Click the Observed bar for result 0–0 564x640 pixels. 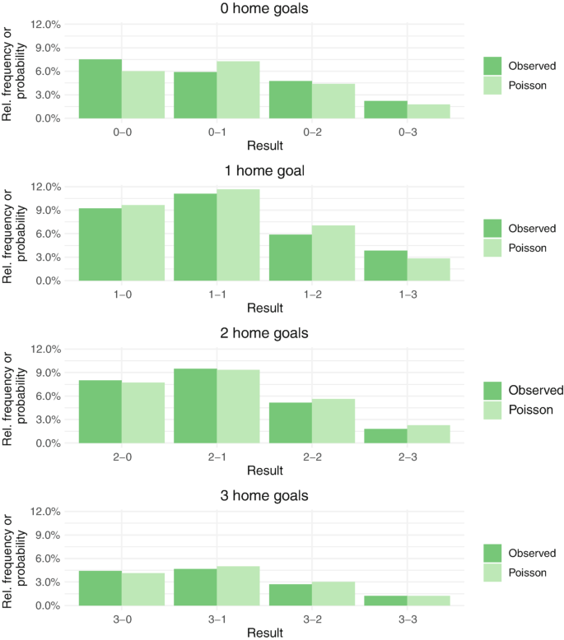click(x=100, y=89)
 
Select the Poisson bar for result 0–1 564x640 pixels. click(x=238, y=90)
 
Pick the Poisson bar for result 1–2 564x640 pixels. click(x=333, y=253)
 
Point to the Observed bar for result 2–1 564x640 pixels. click(x=195, y=406)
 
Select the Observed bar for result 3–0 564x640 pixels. click(x=100, y=587)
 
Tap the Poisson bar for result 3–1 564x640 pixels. click(x=238, y=586)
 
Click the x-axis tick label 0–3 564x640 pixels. click(x=407, y=132)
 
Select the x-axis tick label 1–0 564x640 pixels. click(x=122, y=294)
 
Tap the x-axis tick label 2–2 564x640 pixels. click(x=312, y=457)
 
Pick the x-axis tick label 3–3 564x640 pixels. click(x=407, y=619)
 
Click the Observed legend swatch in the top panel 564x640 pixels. click(x=493, y=66)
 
